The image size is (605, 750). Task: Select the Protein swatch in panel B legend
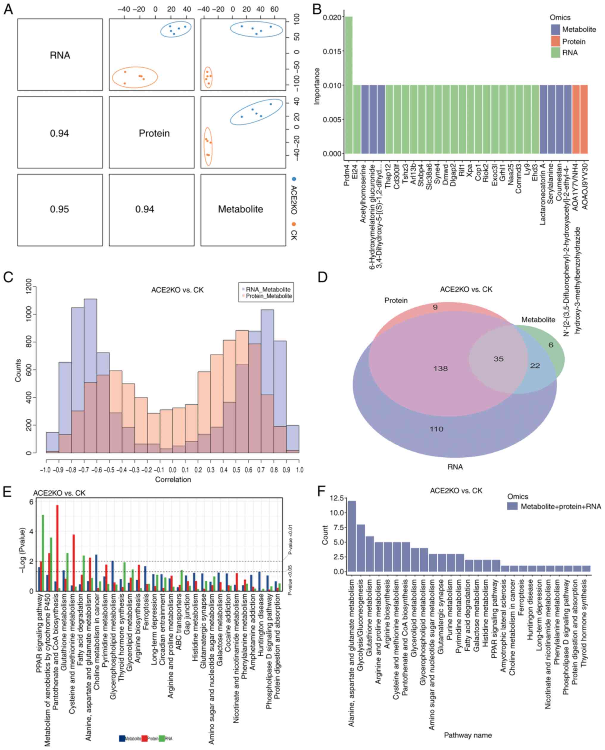pyautogui.click(x=555, y=41)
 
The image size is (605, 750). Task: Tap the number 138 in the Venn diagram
pyautogui.click(x=441, y=368)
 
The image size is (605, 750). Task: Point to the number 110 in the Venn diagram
pyautogui.click(x=436, y=429)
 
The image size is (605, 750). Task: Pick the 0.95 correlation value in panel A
pyautogui.click(x=60, y=209)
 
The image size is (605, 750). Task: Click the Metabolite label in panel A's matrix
pyautogui.click(x=241, y=209)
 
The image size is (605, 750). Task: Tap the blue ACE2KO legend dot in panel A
pyautogui.click(x=294, y=179)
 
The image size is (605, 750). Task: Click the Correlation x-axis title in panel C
pyautogui.click(x=173, y=480)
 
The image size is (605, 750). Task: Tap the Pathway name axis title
pyautogui.click(x=468, y=735)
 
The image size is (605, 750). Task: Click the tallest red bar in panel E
pyautogui.click(x=57, y=548)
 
